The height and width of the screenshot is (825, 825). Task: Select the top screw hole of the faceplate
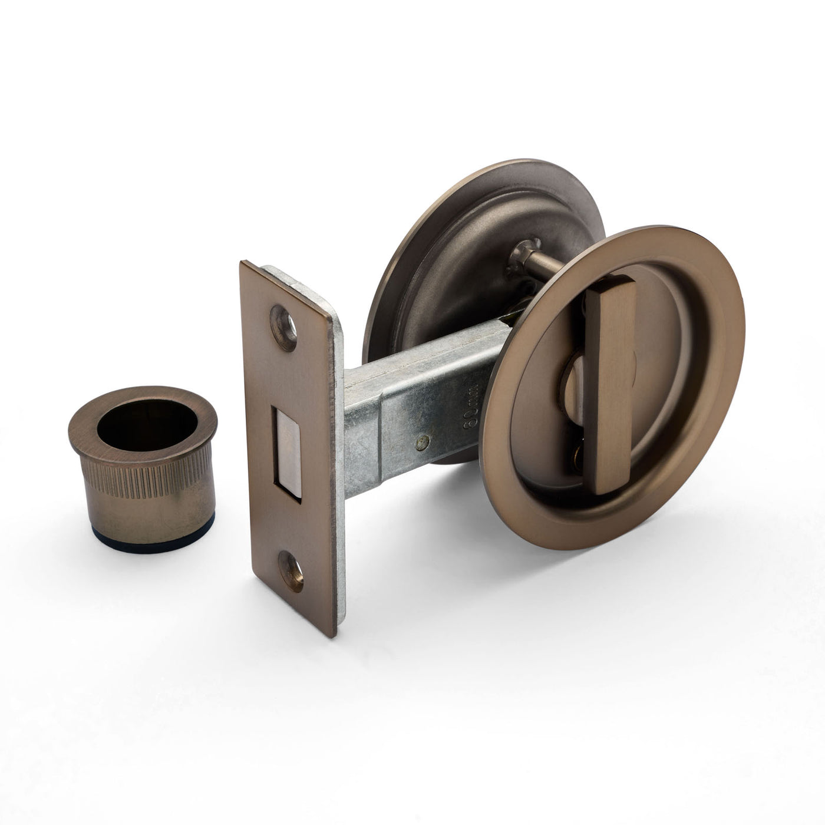[x=284, y=320]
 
